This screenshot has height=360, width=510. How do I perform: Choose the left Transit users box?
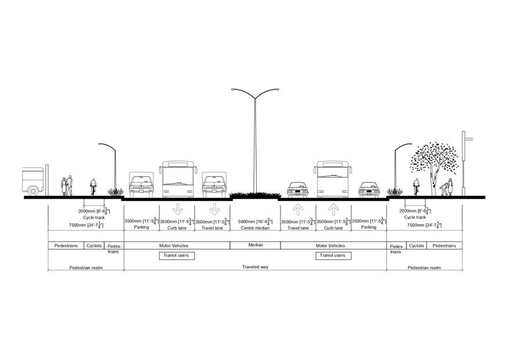coord(177,255)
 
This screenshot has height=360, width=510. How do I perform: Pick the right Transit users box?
coord(333,255)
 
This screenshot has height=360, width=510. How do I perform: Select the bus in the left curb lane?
coord(177,179)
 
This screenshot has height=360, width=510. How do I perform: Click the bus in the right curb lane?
coord(333,179)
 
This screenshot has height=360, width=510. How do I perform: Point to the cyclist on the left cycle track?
coord(93,187)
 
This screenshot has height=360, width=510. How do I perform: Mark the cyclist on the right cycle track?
coord(416,187)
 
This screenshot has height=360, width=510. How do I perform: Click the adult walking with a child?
coord(446,187)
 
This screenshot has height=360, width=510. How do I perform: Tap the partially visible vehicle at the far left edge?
coord(33,181)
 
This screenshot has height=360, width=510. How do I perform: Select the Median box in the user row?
coord(255,245)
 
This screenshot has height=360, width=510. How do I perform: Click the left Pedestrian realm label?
coord(86,268)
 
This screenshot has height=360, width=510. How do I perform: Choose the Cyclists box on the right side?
coord(416,246)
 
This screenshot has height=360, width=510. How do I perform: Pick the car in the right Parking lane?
coord(368,189)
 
